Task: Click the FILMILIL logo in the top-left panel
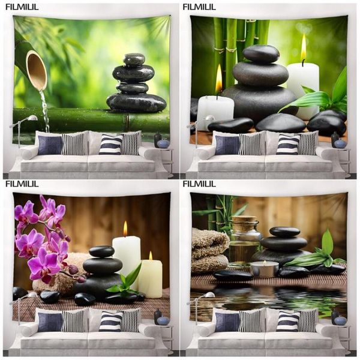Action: [22, 7]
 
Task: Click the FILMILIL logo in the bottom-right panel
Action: [199, 184]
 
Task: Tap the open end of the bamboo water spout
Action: [37, 71]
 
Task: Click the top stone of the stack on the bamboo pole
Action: [134, 59]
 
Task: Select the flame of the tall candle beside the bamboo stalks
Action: [304, 48]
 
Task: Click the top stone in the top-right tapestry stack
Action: [261, 54]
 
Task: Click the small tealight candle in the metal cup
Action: [265, 269]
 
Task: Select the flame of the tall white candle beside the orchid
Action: [125, 229]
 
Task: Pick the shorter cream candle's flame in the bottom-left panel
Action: [151, 256]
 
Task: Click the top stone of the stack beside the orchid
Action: [102, 251]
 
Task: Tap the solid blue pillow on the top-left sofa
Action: [50, 145]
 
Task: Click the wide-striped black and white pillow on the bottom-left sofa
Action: [110, 321]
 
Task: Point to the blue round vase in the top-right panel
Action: [340, 144]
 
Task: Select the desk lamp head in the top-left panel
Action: [32, 118]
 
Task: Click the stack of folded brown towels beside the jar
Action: [209, 250]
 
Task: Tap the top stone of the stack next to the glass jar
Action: [284, 232]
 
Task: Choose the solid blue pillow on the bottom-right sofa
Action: [227, 322]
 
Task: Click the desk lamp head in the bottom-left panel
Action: [32, 295]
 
